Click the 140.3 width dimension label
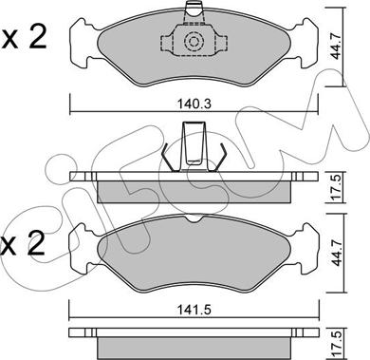click(x=194, y=104)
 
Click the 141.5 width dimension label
click(x=194, y=309)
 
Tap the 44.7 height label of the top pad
click(x=337, y=46)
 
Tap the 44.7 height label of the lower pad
click(x=337, y=252)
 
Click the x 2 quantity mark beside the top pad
click(x=24, y=37)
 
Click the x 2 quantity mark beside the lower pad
click(x=22, y=243)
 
